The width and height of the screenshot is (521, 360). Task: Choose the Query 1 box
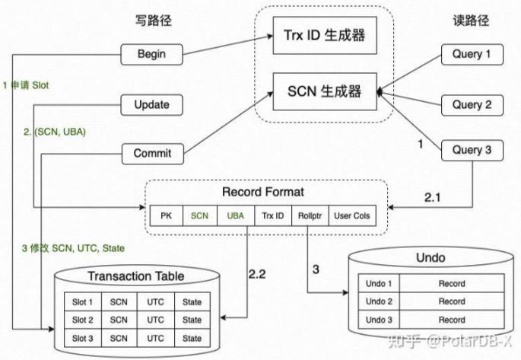tap(472, 54)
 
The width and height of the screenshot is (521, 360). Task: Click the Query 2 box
tap(472, 104)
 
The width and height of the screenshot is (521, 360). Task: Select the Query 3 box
tap(472, 151)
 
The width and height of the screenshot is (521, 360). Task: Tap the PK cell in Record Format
tap(166, 216)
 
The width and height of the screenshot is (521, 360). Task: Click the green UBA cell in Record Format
tap(236, 216)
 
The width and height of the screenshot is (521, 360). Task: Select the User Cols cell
tap(351, 216)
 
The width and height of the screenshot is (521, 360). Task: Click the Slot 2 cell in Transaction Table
tap(82, 320)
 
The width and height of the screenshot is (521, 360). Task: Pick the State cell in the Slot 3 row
tap(192, 338)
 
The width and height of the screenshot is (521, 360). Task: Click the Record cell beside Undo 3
tap(451, 319)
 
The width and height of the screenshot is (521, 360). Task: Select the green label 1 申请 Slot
tap(26, 85)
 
